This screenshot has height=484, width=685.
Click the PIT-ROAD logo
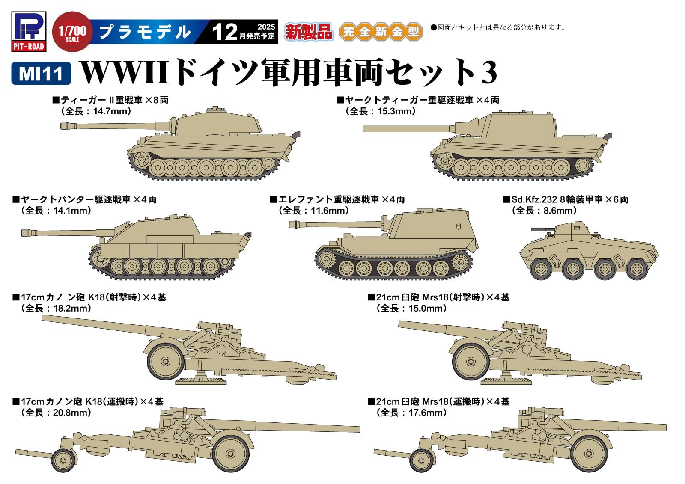click(28, 32)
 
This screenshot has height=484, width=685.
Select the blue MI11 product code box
click(41, 74)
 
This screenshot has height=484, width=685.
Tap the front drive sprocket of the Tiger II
click(140, 160)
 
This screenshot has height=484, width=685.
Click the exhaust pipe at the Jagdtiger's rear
click(608, 136)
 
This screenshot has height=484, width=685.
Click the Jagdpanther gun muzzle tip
click(25, 232)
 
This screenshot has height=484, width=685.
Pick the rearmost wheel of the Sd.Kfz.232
click(637, 269)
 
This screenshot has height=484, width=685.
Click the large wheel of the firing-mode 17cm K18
click(166, 361)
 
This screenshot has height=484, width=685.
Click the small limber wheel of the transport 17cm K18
click(63, 460)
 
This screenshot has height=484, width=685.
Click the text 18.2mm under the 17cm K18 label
click(71, 308)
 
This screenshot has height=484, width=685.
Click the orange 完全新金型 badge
click(381, 32)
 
